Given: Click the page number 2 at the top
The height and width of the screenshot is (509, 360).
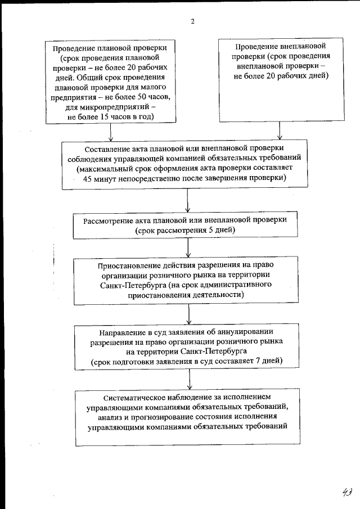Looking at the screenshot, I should coord(192,21).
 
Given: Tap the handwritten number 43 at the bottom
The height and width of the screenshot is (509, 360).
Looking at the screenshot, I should coord(346,492).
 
